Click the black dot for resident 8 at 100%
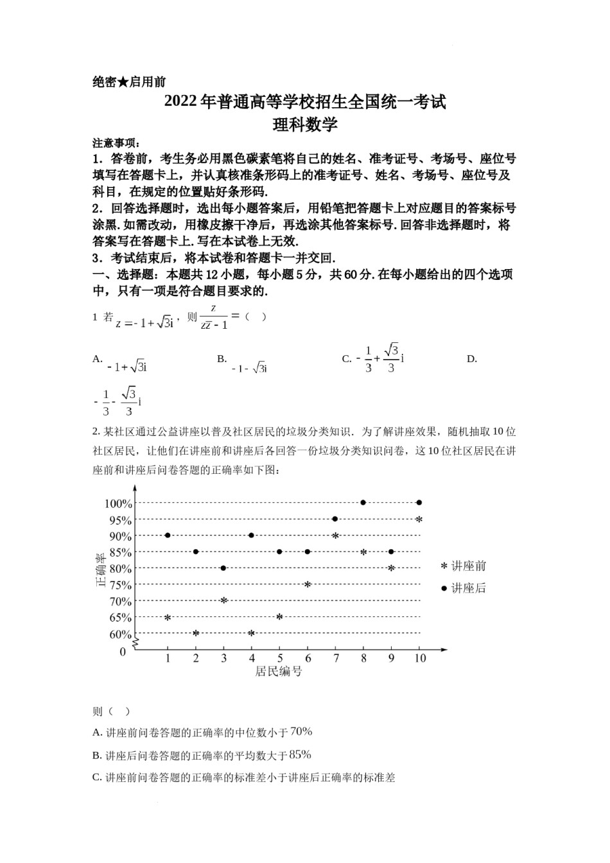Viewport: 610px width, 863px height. [363, 503]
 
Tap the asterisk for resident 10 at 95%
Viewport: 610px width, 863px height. [419, 519]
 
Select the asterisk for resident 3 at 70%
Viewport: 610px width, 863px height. [223, 600]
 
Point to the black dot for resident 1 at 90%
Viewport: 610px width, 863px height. [168, 535]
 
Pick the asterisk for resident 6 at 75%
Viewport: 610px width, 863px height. [308, 584]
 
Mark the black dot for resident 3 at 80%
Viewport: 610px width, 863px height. [223, 568]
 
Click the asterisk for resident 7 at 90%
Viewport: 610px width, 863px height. [335, 536]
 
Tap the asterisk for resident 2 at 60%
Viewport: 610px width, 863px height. [196, 633]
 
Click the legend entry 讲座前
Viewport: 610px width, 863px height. [463, 566]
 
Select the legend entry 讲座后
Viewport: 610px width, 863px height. [463, 588]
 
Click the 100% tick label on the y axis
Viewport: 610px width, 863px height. [118, 503]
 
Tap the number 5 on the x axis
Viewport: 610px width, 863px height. [280, 658]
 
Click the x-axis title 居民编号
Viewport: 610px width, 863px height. [279, 672]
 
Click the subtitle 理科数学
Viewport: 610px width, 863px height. [305, 125]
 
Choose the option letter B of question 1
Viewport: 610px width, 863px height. [222, 359]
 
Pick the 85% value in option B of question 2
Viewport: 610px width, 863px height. [300, 754]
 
